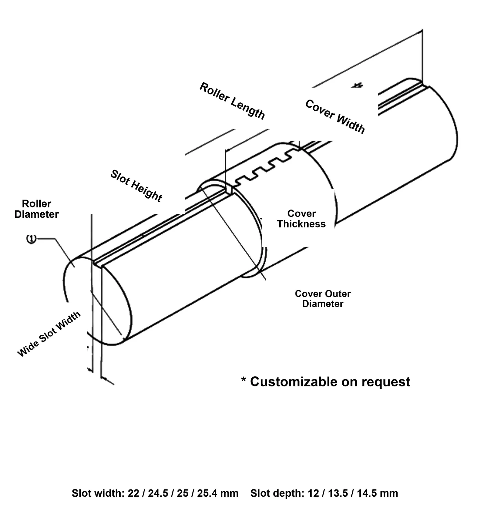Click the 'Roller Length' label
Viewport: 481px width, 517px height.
[x=232, y=101]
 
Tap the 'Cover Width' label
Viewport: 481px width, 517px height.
[x=335, y=116]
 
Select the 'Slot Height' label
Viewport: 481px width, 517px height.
[x=136, y=186]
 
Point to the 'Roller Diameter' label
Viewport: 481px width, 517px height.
[x=37, y=209]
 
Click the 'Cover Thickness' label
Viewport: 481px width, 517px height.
[x=301, y=219]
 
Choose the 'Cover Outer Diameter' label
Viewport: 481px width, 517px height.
[x=323, y=298]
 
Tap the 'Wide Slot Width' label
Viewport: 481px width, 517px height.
[x=49, y=334]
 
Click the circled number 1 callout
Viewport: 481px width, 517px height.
[x=31, y=239]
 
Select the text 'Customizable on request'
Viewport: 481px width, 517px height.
[x=330, y=382]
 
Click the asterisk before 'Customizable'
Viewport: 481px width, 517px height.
[x=243, y=379]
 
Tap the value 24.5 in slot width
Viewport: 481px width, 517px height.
[x=158, y=493]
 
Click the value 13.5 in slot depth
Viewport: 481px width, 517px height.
[x=338, y=493]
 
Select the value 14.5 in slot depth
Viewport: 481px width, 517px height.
[x=367, y=493]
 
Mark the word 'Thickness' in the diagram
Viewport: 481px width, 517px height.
[x=301, y=224]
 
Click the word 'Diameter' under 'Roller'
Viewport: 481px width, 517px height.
[x=37, y=214]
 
